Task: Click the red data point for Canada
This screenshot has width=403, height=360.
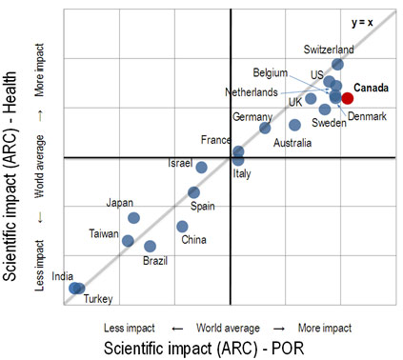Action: pyautogui.click(x=348, y=98)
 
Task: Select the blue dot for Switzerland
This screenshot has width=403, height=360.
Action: pyautogui.click(x=337, y=65)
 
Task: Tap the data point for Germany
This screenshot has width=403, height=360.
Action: pyautogui.click(x=265, y=128)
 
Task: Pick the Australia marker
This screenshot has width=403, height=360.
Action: pyautogui.click(x=295, y=125)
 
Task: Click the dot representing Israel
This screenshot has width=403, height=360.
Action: pyautogui.click(x=202, y=168)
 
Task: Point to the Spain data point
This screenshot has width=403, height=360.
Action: pyautogui.click(x=194, y=192)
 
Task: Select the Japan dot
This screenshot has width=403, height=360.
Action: pyautogui.click(x=134, y=218)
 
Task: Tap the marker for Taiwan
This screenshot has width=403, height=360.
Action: pyautogui.click(x=128, y=241)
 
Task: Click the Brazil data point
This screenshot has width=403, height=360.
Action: pyautogui.click(x=150, y=247)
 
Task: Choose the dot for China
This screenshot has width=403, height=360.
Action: pyautogui.click(x=182, y=227)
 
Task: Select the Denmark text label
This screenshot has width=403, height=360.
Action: pyautogui.click(x=367, y=116)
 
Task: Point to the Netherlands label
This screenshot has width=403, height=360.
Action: pyautogui.click(x=252, y=92)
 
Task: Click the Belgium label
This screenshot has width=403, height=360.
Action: pyautogui.click(x=271, y=72)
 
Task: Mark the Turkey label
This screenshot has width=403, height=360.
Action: pyautogui.click(x=98, y=299)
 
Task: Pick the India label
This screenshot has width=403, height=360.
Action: pyautogui.click(x=63, y=276)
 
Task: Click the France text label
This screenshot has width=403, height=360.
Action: pyautogui.click(x=215, y=140)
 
